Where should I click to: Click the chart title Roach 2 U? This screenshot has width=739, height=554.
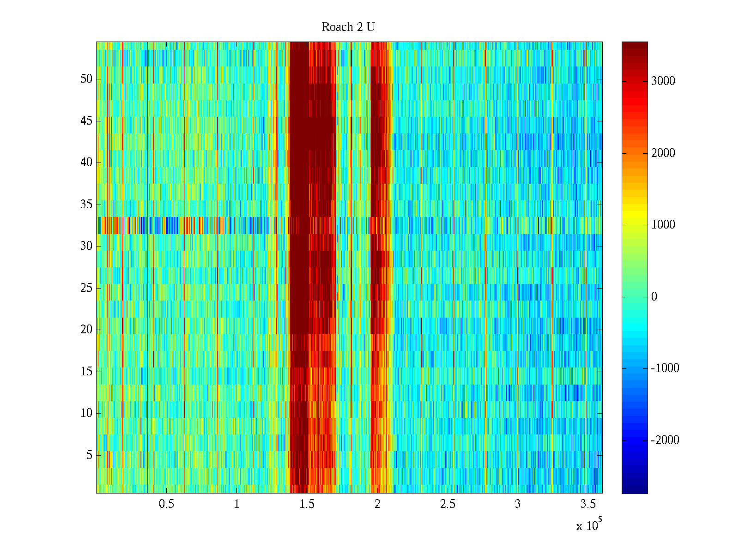[x=348, y=27]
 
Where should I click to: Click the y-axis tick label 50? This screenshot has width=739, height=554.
[x=86, y=79]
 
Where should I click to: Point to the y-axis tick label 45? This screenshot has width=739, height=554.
[x=86, y=121]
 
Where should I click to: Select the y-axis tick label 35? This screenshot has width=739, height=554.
[x=86, y=204]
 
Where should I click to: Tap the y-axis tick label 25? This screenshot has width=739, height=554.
[x=86, y=288]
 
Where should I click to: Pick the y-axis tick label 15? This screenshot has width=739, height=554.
[x=86, y=371]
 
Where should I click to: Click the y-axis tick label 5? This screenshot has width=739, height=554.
[x=89, y=455]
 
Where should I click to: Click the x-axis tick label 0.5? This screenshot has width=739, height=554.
[x=166, y=504]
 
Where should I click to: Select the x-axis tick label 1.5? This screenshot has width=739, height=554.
[x=307, y=504]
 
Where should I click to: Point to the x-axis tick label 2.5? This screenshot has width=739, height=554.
[x=448, y=504]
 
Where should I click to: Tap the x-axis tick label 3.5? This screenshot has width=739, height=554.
[x=588, y=504]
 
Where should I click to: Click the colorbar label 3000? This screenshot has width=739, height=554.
[x=663, y=81]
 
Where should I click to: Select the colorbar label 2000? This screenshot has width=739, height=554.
[x=663, y=153]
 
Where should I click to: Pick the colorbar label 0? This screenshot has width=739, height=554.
[x=654, y=297]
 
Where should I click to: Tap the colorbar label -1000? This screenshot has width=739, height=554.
[x=665, y=368]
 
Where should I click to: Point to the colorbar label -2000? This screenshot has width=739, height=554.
[x=665, y=440]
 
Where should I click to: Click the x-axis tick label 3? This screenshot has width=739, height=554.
[x=518, y=504]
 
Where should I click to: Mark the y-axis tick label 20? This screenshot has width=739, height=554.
[x=86, y=330]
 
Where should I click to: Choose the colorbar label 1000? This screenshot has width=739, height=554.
[x=663, y=225]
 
